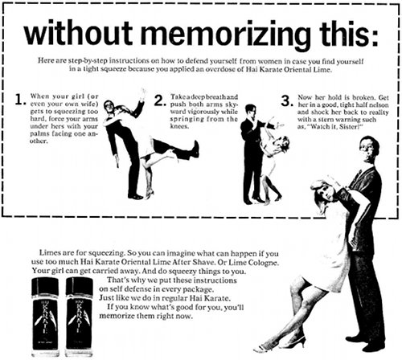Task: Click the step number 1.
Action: pos(20,102)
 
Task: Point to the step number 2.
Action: pos(160,102)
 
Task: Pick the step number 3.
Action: pos(285,102)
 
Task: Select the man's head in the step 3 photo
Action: pos(250,109)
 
